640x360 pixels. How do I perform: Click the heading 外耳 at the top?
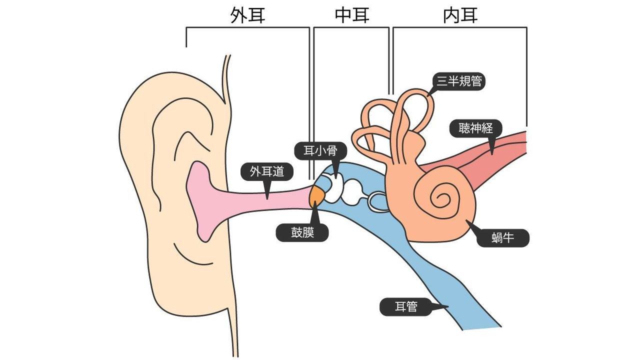point(247,15)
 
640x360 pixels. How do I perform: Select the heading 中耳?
point(352,15)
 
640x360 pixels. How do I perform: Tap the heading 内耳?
point(460,15)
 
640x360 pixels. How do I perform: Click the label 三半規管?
point(459,80)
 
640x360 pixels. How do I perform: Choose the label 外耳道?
point(267,172)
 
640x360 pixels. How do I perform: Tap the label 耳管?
point(405,306)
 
